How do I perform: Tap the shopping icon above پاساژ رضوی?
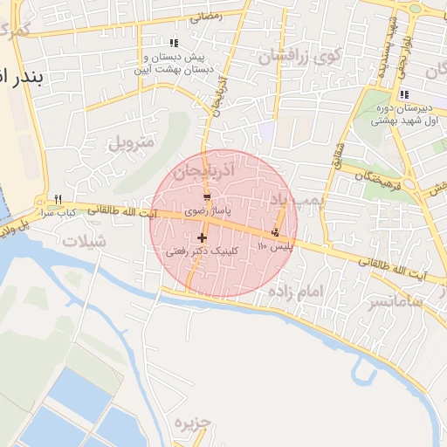tap(207, 198)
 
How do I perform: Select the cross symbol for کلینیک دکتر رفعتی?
tap(202, 237)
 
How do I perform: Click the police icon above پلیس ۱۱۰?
tap(276, 232)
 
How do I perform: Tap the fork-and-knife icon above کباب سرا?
tap(58, 198)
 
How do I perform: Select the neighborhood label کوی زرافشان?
tap(297, 57)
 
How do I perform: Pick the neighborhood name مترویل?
tap(132, 141)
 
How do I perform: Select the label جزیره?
tap(193, 424)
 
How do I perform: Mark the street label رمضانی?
tap(206, 16)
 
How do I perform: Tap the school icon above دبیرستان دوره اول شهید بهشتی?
tap(403, 94)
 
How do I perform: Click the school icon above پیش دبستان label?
tap(174, 43)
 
